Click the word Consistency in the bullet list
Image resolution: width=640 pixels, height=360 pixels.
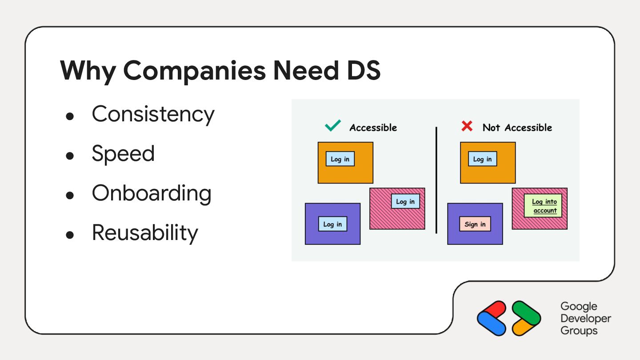click(x=153, y=114)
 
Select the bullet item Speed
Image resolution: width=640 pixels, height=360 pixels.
click(x=123, y=154)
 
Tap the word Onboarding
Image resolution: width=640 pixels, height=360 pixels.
click(x=152, y=193)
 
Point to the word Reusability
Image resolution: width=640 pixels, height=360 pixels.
click(x=145, y=232)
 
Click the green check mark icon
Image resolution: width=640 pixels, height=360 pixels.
click(x=333, y=126)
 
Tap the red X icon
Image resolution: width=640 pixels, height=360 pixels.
click(x=467, y=127)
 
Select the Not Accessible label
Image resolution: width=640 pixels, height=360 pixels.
click(x=517, y=128)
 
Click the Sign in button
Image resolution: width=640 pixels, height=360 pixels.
click(x=475, y=224)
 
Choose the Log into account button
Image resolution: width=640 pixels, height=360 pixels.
click(x=544, y=206)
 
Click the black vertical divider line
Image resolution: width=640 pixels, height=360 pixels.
click(x=436, y=180)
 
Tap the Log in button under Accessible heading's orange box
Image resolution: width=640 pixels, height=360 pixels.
click(x=340, y=159)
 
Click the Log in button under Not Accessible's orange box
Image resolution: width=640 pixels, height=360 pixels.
click(x=482, y=159)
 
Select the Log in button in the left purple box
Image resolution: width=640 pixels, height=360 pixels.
click(x=332, y=224)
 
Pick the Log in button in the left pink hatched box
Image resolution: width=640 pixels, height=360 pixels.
click(x=405, y=201)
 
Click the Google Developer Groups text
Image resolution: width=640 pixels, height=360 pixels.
click(x=585, y=318)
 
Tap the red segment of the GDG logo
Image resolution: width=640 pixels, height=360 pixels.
click(x=494, y=308)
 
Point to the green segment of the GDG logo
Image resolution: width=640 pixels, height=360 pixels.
click(x=524, y=308)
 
